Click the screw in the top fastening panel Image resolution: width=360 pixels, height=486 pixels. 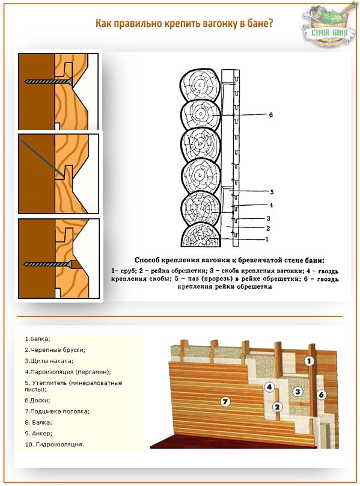49,82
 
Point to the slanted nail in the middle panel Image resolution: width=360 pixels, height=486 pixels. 43,159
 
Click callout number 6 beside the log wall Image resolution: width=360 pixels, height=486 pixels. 271,115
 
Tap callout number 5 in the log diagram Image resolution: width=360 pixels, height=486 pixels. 272,192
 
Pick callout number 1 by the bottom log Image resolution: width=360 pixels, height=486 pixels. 267,239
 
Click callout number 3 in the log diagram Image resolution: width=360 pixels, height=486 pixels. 268,218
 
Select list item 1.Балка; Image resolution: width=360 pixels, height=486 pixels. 37,339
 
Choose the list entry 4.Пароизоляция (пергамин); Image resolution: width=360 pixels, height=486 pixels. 68,372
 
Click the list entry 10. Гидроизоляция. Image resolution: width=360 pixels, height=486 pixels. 54,444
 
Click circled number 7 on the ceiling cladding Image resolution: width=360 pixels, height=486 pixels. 225,402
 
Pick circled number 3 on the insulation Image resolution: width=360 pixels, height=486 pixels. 297,392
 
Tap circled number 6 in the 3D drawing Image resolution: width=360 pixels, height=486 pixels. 321,395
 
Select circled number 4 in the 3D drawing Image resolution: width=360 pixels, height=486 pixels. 269,387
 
